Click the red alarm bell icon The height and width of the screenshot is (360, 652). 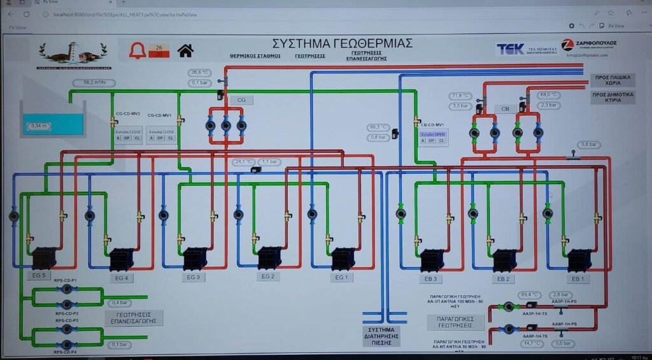coord(137,50)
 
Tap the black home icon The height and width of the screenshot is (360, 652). coord(185,50)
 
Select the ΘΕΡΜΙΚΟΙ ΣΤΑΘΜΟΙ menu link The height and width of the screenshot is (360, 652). coord(255,56)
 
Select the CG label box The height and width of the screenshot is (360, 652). coord(241,100)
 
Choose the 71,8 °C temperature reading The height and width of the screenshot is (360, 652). coord(460,96)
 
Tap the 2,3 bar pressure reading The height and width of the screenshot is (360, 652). coord(548,105)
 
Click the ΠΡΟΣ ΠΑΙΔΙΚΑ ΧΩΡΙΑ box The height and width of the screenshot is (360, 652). coord(612,80)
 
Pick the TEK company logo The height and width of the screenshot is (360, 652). coord(511,48)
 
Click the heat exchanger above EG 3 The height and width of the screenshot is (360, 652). coord(195,259)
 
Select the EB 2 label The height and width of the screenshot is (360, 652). coord(504,279)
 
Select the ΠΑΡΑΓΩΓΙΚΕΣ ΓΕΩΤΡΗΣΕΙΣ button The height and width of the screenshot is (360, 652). coord(455,322)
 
